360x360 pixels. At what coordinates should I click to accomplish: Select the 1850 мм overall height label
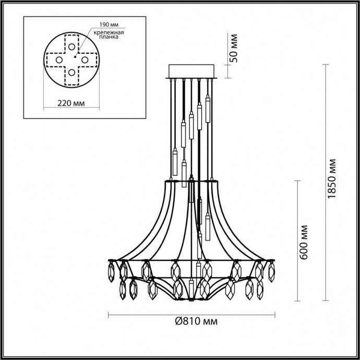(x=334, y=182)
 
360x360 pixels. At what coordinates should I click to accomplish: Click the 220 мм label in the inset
(x=70, y=104)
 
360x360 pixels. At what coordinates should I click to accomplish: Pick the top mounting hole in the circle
(x=71, y=46)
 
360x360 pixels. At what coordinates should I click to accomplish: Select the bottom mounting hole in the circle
(x=71, y=73)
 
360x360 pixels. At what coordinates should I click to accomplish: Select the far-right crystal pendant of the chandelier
(x=272, y=271)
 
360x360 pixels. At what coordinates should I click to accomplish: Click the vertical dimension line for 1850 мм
(x=325, y=182)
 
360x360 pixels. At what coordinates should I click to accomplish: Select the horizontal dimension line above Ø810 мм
(x=191, y=314)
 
